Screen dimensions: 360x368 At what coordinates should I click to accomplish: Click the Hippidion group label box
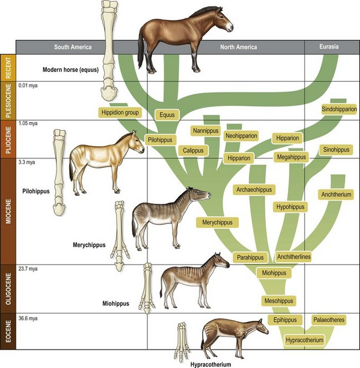120,113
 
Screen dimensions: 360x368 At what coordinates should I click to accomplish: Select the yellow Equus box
167,115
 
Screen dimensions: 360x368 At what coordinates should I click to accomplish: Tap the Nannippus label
205,131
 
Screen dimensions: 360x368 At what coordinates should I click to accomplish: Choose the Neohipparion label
241,136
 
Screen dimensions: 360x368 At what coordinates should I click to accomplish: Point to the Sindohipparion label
339,109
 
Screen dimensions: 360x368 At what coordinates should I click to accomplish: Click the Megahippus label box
291,157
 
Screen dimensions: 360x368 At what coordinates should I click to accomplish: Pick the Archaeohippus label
254,190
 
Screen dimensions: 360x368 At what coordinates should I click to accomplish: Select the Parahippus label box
250,258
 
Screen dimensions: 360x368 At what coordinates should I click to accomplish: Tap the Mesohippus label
279,300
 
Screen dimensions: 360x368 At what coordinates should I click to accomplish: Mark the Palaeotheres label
329,320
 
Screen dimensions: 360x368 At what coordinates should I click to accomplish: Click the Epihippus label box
285,320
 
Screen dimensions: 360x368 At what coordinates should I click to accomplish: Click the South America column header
73,47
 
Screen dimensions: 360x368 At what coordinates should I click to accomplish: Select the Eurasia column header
329,47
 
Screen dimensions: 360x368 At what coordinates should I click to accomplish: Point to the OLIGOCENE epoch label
8,289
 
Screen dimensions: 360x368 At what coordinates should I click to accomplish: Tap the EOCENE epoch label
8,331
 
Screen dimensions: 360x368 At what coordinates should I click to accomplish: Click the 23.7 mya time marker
28,269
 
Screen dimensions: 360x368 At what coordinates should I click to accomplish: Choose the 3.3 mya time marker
27,162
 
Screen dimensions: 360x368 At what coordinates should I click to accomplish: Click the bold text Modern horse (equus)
70,70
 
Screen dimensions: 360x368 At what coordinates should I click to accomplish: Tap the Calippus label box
193,150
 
